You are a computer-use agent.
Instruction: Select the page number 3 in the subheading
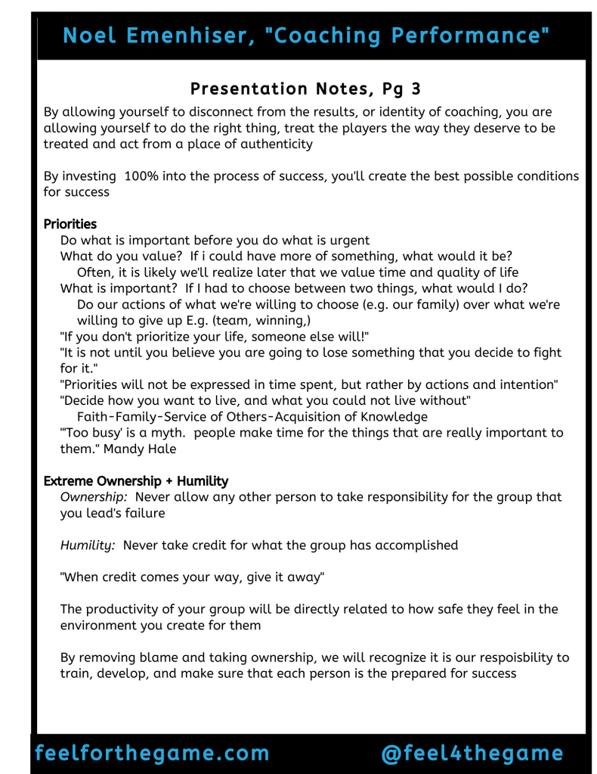415,89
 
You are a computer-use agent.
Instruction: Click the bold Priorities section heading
70,224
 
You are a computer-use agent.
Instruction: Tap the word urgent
348,241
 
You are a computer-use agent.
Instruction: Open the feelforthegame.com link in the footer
152,754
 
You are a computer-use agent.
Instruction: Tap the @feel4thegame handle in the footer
472,754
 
